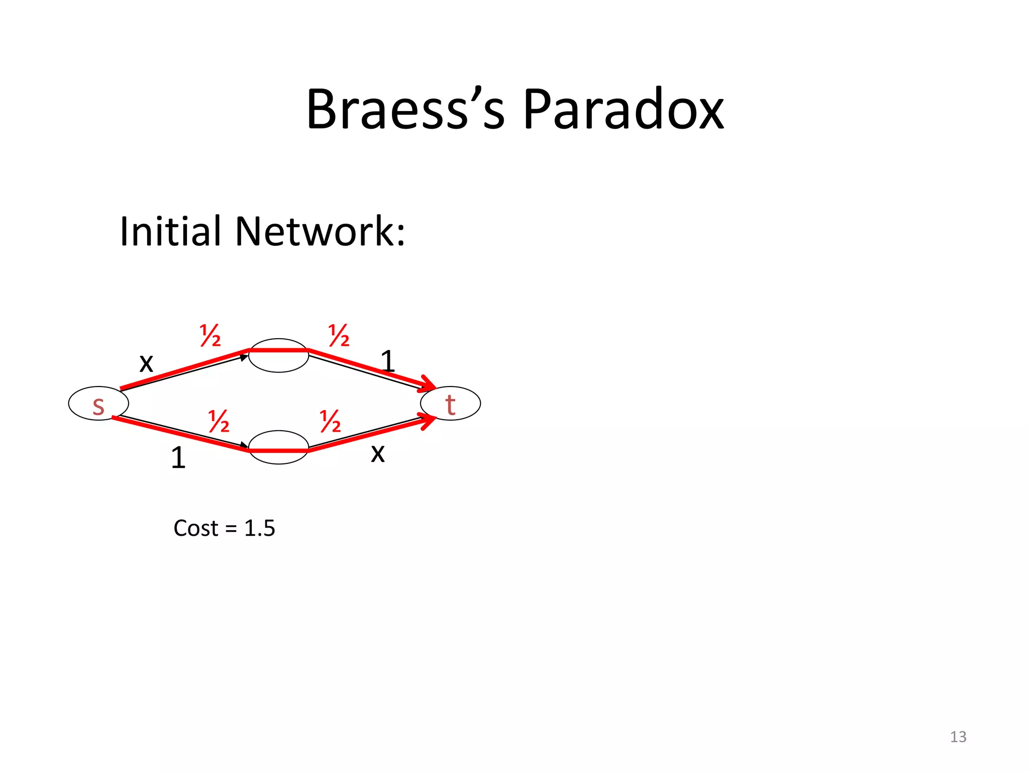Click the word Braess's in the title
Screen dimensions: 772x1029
coord(405,110)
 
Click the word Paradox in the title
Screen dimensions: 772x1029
coord(623,110)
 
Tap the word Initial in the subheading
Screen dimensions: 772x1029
coord(170,231)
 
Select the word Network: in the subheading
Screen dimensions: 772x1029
coord(320,231)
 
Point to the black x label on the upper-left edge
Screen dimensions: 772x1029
coord(146,362)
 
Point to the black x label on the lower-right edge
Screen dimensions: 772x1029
coord(378,453)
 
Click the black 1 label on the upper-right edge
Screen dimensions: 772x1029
coord(387,361)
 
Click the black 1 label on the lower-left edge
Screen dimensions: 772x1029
coord(178,458)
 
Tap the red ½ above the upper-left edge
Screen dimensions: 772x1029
coord(210,336)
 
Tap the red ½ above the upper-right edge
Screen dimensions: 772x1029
coord(339,336)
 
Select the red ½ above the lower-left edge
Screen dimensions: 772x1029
coord(219,421)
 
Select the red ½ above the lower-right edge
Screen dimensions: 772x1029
coord(330,421)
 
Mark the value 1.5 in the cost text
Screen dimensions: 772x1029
coord(259,528)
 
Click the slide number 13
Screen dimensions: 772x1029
coord(958,737)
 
